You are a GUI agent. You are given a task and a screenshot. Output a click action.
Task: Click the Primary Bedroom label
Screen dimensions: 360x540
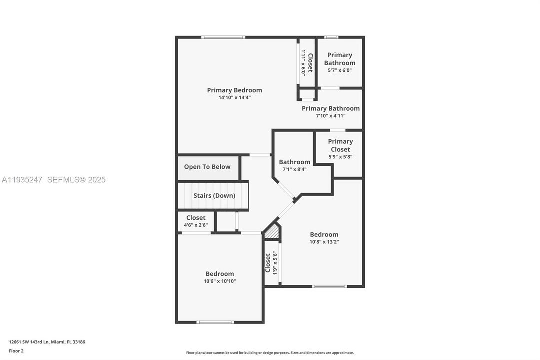point(234,90)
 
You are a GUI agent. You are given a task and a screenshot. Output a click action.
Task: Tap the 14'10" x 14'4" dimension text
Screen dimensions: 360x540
point(234,98)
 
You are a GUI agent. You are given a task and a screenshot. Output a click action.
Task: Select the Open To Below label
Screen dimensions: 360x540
point(207,167)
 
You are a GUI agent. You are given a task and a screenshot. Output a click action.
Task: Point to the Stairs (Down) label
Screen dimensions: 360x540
point(214,196)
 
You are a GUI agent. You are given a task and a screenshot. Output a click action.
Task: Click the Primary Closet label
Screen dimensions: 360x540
point(340,145)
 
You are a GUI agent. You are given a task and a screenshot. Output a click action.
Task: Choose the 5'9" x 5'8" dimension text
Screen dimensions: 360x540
point(340,157)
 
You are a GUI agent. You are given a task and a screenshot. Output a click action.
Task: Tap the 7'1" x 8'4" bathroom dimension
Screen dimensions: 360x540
point(294,169)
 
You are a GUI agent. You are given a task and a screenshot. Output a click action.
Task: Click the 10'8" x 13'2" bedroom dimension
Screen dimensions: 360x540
point(324,242)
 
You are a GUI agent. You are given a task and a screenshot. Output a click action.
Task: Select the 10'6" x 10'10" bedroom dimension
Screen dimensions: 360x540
point(220,281)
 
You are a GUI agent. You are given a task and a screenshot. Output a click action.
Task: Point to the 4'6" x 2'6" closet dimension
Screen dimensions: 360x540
point(196,225)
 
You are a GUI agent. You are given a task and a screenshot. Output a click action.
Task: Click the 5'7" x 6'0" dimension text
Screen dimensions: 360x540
point(340,70)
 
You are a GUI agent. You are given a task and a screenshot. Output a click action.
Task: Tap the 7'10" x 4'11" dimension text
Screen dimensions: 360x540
point(331,116)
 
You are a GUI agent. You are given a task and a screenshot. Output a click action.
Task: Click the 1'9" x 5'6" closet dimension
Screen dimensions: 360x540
point(274,263)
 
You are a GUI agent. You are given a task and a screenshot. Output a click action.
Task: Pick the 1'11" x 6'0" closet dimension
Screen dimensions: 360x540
point(303,62)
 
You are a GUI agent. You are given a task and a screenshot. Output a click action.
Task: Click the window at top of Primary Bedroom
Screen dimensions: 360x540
point(223,37)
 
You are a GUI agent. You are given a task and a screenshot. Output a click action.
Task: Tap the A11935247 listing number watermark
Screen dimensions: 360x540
point(22,180)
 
